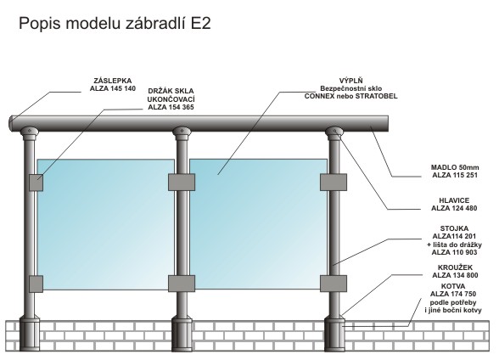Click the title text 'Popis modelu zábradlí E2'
tap(115, 23)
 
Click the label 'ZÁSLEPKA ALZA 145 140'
tap(113, 85)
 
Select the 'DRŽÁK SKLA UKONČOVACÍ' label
tap(171, 95)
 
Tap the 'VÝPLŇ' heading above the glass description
tap(350, 81)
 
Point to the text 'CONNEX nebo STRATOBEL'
tap(350, 96)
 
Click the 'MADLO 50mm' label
tap(455, 167)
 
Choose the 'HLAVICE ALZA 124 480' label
tap(454, 205)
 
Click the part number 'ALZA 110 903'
tap(454, 252)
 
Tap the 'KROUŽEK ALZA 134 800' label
tap(455, 271)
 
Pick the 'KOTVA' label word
tap(453, 286)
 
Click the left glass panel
tap(106, 224)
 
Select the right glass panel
tap(258, 224)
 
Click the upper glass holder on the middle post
tap(182, 182)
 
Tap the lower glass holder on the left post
tap(36, 284)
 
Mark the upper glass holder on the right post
tap(334, 182)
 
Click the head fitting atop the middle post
tap(182, 133)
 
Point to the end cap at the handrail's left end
tap(11, 123)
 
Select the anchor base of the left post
tap(30, 335)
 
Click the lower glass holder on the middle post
tap(182, 284)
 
